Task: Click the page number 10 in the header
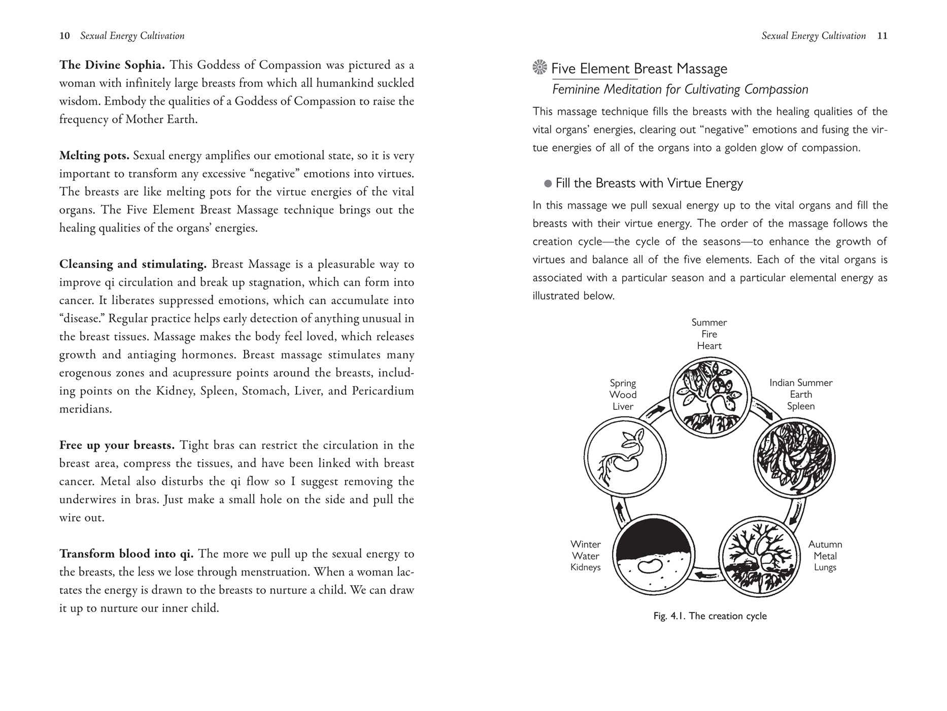click(x=64, y=36)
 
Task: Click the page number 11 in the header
click(x=882, y=36)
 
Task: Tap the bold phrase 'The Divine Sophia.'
click(x=112, y=65)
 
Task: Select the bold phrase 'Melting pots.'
click(x=94, y=155)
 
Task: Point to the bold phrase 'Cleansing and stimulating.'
click(x=133, y=264)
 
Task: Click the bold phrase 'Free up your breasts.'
click(x=117, y=445)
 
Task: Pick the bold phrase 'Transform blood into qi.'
click(x=126, y=554)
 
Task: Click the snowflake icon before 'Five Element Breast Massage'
click(x=540, y=68)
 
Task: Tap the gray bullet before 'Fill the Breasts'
click(x=548, y=184)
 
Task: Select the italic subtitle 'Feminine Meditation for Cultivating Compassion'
click(x=680, y=90)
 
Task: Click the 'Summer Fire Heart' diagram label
click(x=709, y=334)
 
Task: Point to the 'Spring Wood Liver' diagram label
click(x=623, y=395)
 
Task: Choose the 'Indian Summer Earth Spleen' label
click(x=801, y=395)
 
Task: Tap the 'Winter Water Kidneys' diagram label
click(x=586, y=556)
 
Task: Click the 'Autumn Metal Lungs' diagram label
click(x=825, y=556)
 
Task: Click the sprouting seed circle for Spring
click(x=625, y=458)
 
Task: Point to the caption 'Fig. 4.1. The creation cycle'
click(x=710, y=616)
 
